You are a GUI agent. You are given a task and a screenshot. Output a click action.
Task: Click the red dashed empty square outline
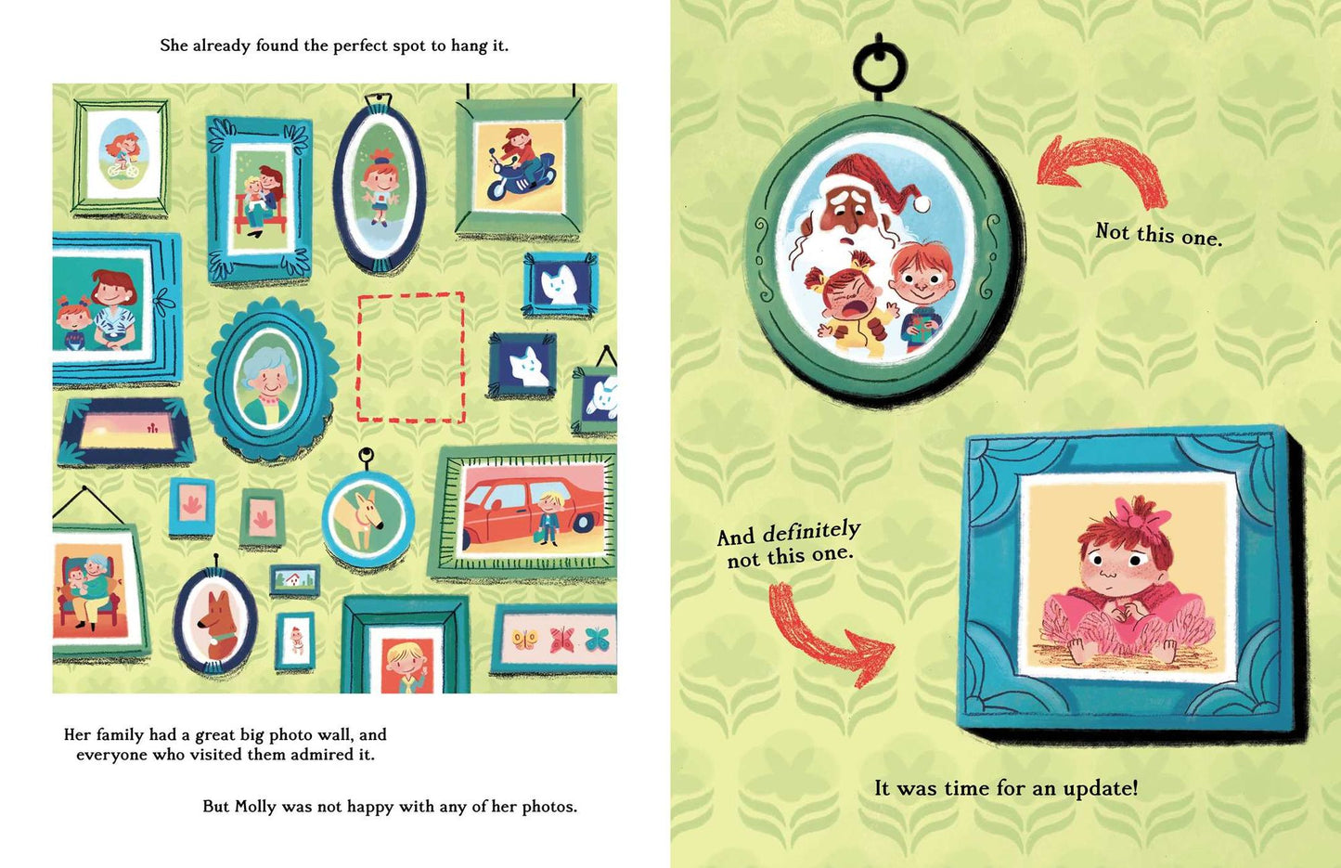click(358, 358)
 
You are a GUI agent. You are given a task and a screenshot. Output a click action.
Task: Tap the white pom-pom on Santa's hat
click(922, 203)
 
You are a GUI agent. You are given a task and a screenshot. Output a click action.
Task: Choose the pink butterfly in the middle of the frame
click(561, 640)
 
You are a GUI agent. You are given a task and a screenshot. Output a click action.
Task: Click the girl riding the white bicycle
click(122, 155)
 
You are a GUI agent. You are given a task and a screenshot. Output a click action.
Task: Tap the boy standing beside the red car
click(548, 518)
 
